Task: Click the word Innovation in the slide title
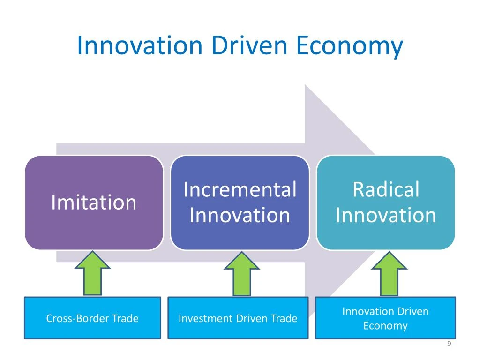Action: coord(139,46)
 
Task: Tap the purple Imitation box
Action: coord(94,202)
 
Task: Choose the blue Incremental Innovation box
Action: coord(240,202)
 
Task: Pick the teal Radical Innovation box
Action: coord(386,202)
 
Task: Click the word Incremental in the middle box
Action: coord(240,190)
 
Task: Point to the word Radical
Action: coord(386,190)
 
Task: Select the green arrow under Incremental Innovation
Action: coord(241,274)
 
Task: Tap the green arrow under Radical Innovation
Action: coord(389,274)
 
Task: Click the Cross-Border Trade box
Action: coord(92,318)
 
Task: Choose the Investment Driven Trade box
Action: coord(238,318)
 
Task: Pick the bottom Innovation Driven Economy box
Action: coord(385,318)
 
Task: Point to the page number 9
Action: coord(449,345)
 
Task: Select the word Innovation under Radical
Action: coord(386,216)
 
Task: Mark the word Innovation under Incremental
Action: coord(240,216)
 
